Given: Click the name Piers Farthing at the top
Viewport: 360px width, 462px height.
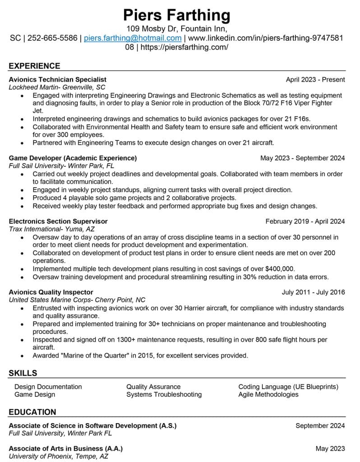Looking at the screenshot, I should point(177,15).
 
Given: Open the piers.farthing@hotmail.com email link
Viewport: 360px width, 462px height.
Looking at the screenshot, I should point(133,38).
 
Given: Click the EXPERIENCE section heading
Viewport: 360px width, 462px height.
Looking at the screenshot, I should point(34,66).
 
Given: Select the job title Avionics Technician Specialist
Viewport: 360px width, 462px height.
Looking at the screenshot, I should point(58,79).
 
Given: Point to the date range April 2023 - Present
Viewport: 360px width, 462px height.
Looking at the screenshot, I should point(315,79).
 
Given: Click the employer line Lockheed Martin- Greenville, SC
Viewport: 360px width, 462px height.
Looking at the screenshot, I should point(57,87).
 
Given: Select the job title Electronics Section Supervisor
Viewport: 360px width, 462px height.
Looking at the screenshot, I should point(58,221).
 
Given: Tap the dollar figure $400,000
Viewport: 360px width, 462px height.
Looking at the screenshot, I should point(280,268).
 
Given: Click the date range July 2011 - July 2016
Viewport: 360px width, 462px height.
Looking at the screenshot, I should point(313,292).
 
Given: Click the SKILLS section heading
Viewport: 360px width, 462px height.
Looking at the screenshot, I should point(23,373).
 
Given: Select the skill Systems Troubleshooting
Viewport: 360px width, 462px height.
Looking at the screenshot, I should point(164,394).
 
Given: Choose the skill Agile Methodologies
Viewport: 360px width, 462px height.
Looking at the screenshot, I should point(268,394).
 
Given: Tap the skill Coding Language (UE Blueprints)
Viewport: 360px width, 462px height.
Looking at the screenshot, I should point(288,387).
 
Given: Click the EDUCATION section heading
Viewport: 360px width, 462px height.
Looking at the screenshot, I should point(32,412).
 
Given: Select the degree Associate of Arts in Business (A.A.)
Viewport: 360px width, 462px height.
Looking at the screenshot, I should point(66,448).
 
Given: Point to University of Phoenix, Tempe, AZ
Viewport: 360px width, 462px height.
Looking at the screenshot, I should point(59,456).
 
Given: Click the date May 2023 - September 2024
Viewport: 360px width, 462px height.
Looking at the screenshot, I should point(302,158).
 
